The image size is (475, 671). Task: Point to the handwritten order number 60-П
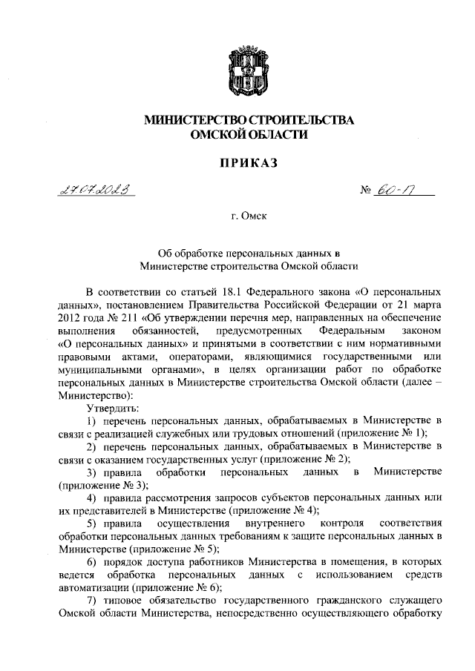pyautogui.click(x=399, y=191)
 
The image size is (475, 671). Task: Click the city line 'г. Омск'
pyautogui.click(x=237, y=218)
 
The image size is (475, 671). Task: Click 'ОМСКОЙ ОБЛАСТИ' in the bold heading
pyautogui.click(x=238, y=134)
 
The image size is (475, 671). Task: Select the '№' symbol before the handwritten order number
pyautogui.click(x=364, y=191)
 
